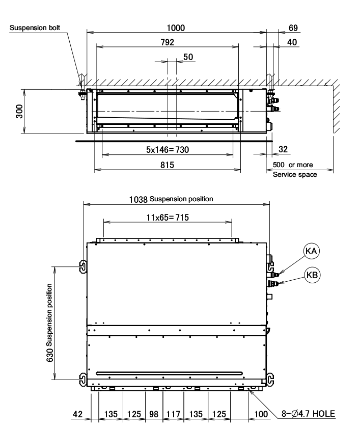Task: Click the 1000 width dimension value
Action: (x=176, y=28)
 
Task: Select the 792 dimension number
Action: (x=167, y=42)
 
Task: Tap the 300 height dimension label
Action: (x=19, y=111)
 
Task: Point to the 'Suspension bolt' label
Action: (x=35, y=28)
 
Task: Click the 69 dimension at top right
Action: (x=293, y=28)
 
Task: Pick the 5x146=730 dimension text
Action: (x=168, y=150)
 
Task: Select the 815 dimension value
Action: (x=167, y=165)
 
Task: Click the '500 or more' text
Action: (x=293, y=165)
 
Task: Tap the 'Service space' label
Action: (x=295, y=174)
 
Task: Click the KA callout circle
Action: (x=311, y=251)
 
